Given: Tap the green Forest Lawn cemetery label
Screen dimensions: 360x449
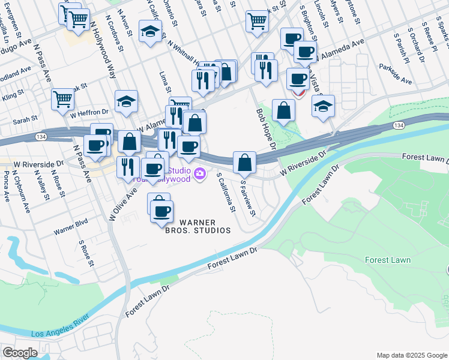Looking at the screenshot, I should click(388, 260).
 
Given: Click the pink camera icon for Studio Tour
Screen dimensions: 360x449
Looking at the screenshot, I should click(200, 175).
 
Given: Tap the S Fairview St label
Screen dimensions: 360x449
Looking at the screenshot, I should click(247, 199).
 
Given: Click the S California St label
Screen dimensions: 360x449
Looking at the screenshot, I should click(226, 193).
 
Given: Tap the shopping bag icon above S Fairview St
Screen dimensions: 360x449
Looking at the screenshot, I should click(244, 162).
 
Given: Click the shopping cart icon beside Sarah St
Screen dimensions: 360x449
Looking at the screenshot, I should click(62, 100).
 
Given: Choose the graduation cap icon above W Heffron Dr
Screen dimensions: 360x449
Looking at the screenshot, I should click(127, 101).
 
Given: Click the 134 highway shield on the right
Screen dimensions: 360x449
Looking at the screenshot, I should click(399, 125).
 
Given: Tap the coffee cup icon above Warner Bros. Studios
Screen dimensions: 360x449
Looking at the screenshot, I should click(161, 211).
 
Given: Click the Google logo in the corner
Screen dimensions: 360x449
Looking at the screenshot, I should click(20, 353).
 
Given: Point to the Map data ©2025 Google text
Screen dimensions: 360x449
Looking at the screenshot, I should click(412, 355).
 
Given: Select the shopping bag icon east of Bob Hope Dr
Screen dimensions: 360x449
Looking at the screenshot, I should click(283, 110).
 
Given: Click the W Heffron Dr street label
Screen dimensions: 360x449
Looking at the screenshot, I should click(89, 113).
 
